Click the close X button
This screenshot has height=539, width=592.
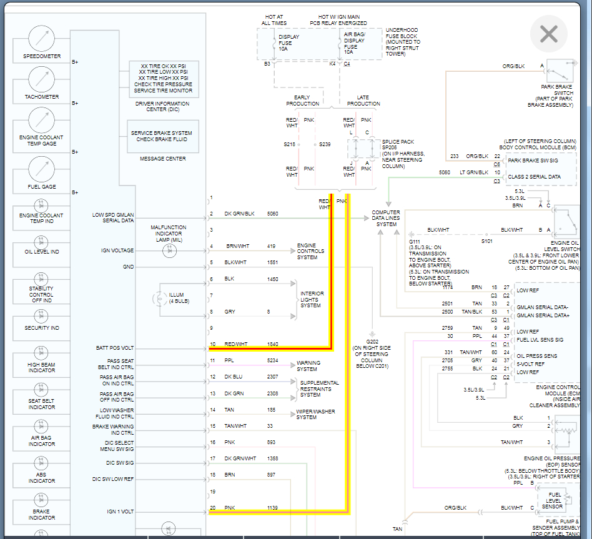[x=548, y=34]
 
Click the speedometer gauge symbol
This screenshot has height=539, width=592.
[x=42, y=39]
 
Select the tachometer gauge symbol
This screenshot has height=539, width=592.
[x=42, y=79]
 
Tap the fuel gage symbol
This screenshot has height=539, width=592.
[x=42, y=169]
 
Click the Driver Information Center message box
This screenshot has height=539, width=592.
[x=164, y=78]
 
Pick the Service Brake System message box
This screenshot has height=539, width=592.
[x=164, y=136]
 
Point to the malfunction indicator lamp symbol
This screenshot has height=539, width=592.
[x=168, y=250]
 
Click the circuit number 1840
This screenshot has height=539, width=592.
[x=273, y=344]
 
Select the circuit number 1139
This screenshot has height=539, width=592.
[x=273, y=508]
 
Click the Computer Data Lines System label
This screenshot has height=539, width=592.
[x=386, y=219]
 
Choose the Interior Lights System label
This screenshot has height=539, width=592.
[x=312, y=299]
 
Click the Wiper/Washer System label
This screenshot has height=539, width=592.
[x=315, y=414]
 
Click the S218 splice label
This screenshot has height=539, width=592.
[x=289, y=144]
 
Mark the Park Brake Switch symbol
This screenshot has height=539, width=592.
[x=561, y=69]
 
